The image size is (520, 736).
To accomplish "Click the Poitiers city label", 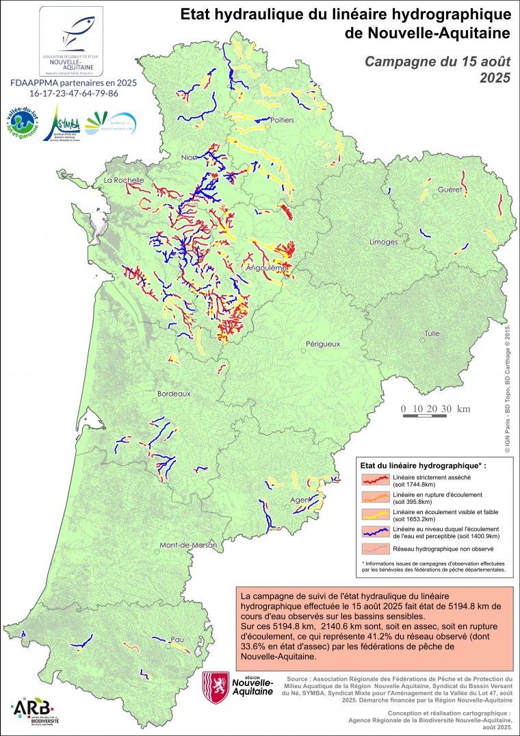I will coord(282,120).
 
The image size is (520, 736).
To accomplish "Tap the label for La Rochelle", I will coord(124,180).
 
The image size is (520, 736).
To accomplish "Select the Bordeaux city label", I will coord(174,394).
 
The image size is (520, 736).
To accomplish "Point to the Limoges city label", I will coord(383,242).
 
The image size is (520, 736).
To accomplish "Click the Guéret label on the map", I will coord(451,189).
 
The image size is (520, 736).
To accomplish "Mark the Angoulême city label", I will coord(265,268).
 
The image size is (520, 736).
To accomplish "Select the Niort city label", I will coord(188,158).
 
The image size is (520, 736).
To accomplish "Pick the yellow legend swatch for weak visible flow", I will coord(372,514).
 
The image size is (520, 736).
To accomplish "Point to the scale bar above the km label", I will coord(424,416).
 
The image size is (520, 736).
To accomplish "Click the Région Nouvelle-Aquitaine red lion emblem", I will coord(213,687).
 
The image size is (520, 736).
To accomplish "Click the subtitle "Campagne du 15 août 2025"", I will coord(438,70).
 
